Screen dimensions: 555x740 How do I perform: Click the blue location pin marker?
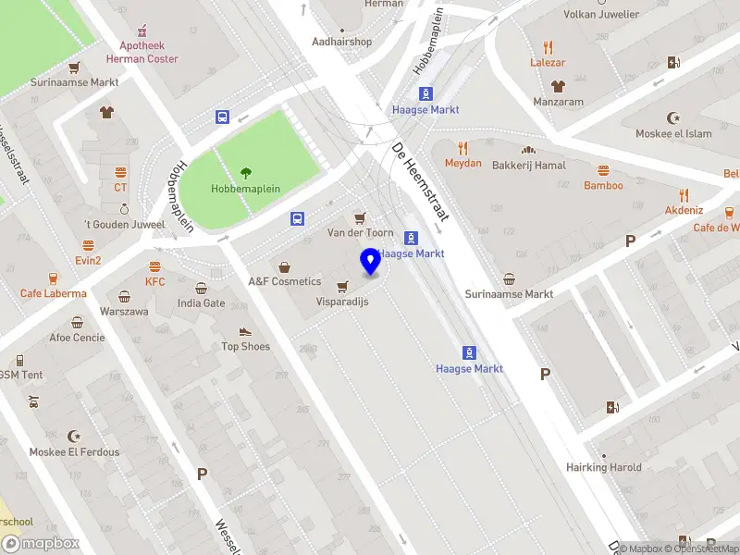pos(371,262)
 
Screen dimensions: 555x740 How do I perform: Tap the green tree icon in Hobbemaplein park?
pos(246,172)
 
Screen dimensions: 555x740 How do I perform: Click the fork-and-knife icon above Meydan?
pos(463,147)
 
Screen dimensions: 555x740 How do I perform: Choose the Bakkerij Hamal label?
pos(528,165)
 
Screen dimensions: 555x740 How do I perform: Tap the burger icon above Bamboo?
pos(603,170)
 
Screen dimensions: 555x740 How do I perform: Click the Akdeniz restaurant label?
pos(684,210)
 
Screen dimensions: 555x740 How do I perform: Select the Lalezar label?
pos(548,63)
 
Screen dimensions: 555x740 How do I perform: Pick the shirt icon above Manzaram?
pos(557,85)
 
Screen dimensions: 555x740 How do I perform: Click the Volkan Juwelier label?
pos(601,15)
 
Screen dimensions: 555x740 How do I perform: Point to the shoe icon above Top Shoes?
pos(245,331)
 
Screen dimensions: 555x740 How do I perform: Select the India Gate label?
pos(201,302)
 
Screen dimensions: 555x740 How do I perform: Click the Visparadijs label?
pos(342,302)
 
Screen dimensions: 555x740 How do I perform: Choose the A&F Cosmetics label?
pos(284,281)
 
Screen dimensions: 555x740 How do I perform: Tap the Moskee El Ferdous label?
pos(74,451)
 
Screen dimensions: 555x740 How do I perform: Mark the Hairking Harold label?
pos(604,467)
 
